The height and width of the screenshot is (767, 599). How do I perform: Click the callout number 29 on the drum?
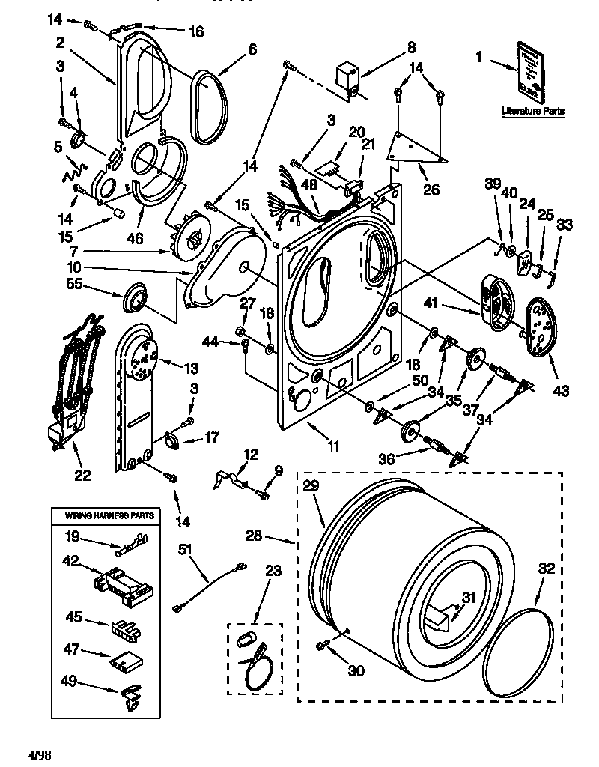(311, 485)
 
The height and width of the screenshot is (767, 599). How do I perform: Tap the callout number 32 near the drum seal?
(547, 569)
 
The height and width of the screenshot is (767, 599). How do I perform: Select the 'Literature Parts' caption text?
(533, 112)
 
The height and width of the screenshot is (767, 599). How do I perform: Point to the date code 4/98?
(41, 750)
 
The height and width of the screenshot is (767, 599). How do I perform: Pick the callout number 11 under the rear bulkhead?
(332, 446)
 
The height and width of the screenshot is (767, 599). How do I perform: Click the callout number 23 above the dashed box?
(273, 571)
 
